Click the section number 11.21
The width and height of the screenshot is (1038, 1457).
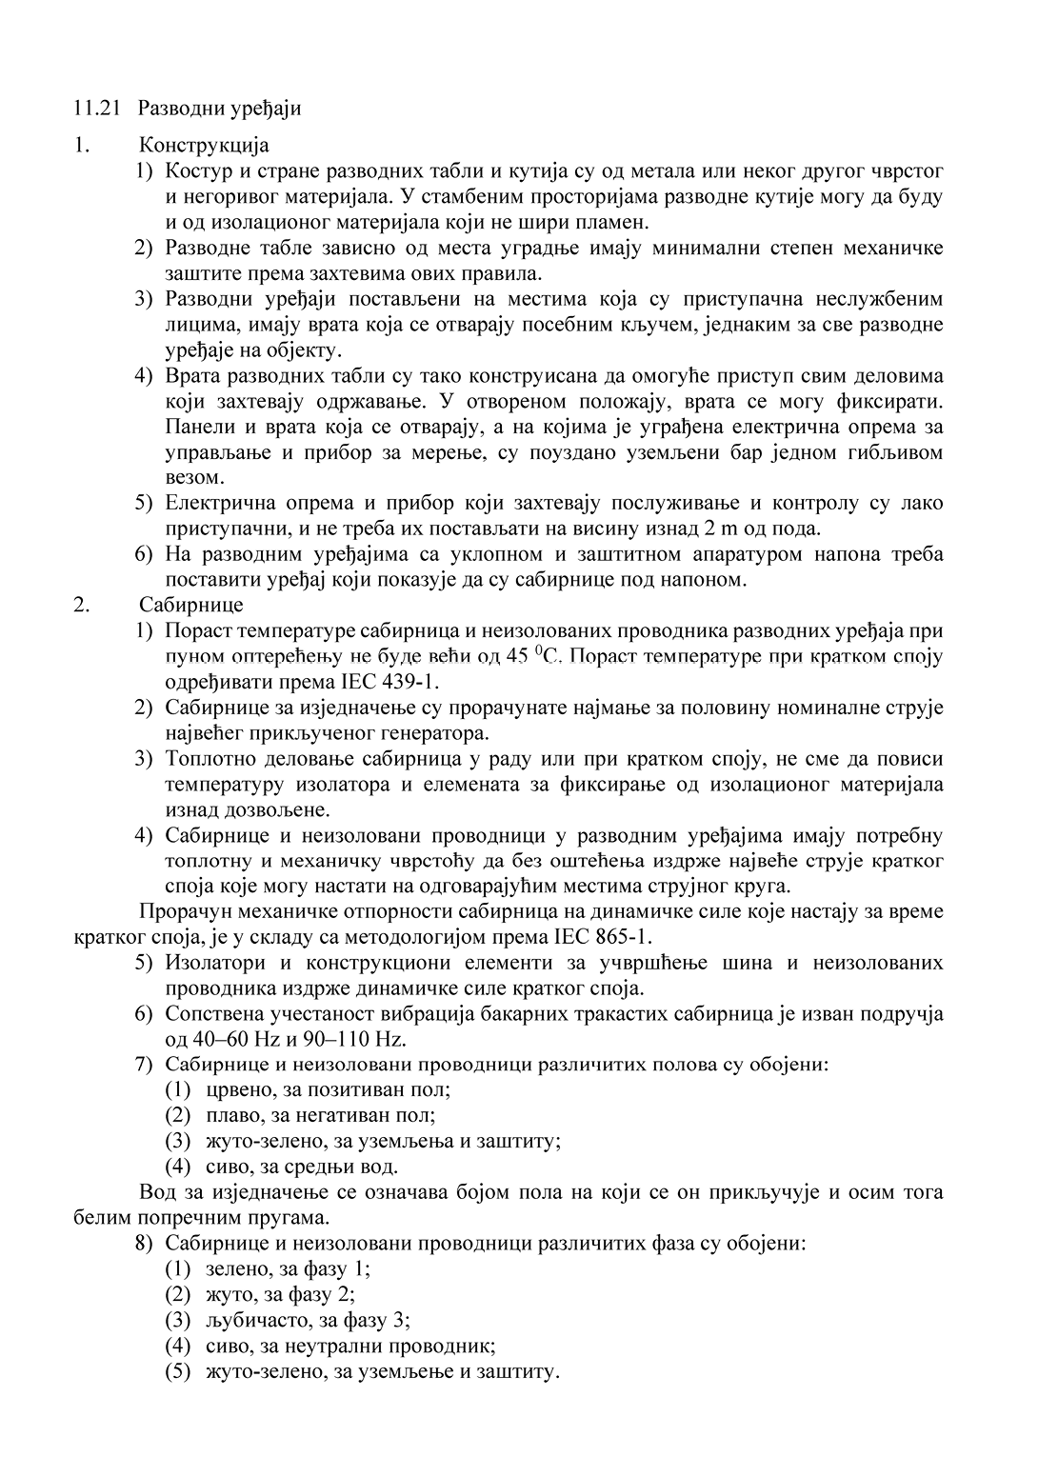point(96,108)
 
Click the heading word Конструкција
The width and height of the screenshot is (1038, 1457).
point(204,146)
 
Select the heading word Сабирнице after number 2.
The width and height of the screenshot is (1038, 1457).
point(191,605)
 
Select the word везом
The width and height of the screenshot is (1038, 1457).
point(193,477)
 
